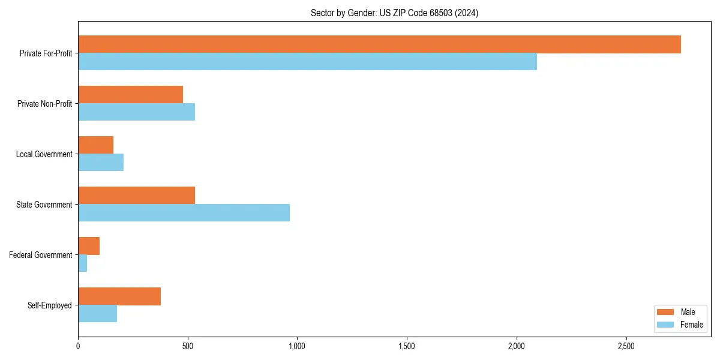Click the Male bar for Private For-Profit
pyautogui.click(x=379, y=44)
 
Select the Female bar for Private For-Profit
pyautogui.click(x=307, y=62)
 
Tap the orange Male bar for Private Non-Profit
pyautogui.click(x=130, y=95)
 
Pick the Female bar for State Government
pyautogui.click(x=184, y=213)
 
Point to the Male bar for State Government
pyautogui.click(x=136, y=196)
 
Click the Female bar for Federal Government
pyautogui.click(x=83, y=263)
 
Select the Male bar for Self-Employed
pyautogui.click(x=119, y=296)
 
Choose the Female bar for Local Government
pyautogui.click(x=101, y=163)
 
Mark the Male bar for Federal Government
pyautogui.click(x=89, y=246)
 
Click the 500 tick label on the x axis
pyautogui.click(x=188, y=346)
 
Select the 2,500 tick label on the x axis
pyautogui.click(x=626, y=346)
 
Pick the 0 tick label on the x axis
pyautogui.click(x=78, y=346)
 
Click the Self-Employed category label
pyautogui.click(x=49, y=305)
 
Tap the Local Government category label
pyautogui.click(x=44, y=154)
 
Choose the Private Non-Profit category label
pyautogui.click(x=44, y=104)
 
